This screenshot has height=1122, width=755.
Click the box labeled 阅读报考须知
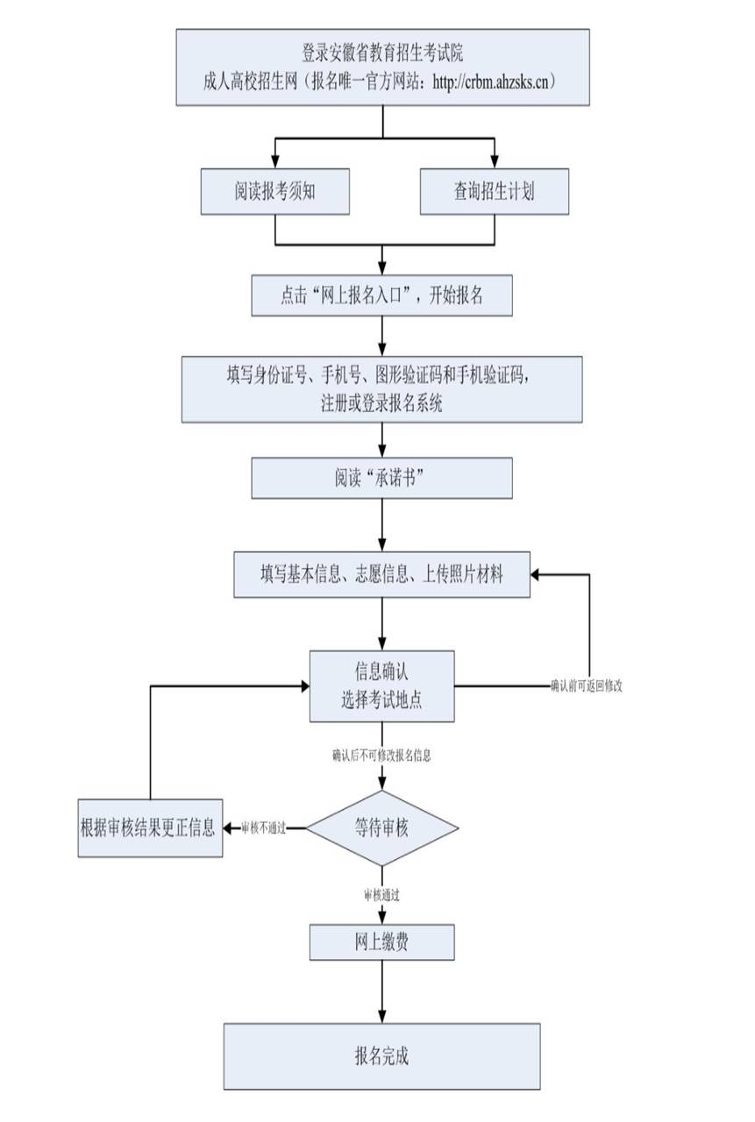click(x=275, y=191)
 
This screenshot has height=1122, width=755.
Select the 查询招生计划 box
click(x=494, y=191)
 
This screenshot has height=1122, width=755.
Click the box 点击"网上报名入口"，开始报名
click(x=381, y=295)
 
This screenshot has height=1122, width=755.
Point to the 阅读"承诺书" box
click(x=381, y=479)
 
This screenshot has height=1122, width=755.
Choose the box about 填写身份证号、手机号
click(x=381, y=388)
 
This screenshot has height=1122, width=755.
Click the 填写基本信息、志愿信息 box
click(x=381, y=574)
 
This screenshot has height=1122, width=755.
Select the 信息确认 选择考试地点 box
click(x=381, y=685)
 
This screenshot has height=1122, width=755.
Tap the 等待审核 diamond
click(x=381, y=827)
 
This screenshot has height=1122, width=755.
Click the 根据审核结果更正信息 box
click(x=150, y=827)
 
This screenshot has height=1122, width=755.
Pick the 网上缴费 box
click(x=381, y=942)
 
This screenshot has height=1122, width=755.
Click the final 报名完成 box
click(x=381, y=1055)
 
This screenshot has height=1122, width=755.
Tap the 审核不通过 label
click(x=263, y=827)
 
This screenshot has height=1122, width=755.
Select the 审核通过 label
click(x=382, y=895)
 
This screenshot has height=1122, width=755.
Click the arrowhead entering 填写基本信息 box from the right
click(x=538, y=574)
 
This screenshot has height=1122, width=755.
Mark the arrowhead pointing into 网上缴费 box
click(x=382, y=919)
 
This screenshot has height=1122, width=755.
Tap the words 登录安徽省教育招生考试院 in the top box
click(x=382, y=54)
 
